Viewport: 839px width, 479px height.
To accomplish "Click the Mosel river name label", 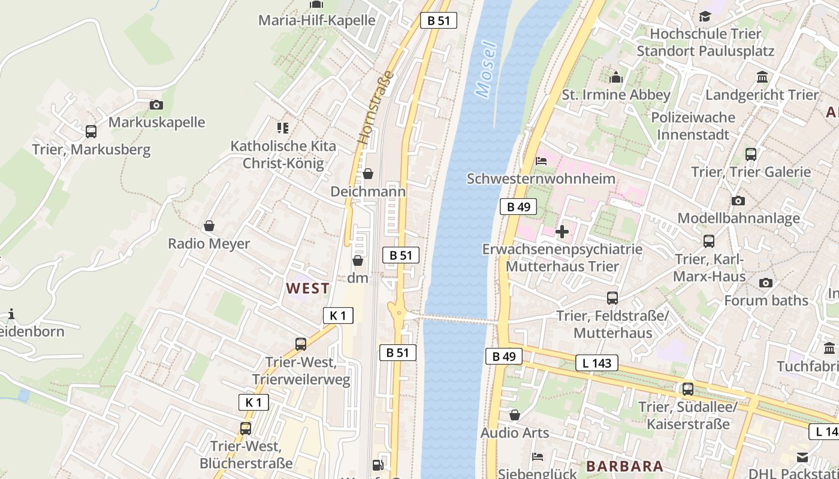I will pos(485,69).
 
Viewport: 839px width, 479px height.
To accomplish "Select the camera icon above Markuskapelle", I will pos(156,105).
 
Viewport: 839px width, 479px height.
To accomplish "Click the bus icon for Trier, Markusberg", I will pos(91,131).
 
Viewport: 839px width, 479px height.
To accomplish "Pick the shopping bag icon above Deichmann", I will pos(368,174).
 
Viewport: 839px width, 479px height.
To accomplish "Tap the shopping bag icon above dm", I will pos(358,260).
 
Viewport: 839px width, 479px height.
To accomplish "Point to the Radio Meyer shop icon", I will pos(209,226).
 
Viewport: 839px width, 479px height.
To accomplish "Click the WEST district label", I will pos(307,288).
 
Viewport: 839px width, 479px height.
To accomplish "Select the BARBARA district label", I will pos(624,466).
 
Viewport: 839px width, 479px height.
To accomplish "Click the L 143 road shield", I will pos(597,362).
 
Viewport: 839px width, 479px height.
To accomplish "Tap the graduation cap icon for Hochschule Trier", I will pos(705,16).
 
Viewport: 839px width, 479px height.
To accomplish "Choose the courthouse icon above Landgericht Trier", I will pos(762,77).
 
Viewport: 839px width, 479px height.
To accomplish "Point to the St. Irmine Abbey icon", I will pos(616,77).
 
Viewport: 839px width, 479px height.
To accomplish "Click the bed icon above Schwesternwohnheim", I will pos(541,160).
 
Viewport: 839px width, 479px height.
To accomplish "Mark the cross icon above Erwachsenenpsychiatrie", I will pos(562,231).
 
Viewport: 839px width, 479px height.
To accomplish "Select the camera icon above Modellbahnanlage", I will pos(738,201).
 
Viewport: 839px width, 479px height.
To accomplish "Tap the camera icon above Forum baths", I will pos(765,283).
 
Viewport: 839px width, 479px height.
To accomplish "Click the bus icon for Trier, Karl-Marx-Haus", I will pos(709,241).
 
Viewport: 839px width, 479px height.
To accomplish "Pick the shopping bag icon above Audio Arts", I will pos(515,414).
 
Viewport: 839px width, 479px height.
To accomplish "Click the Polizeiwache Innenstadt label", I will pos(693,126).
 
